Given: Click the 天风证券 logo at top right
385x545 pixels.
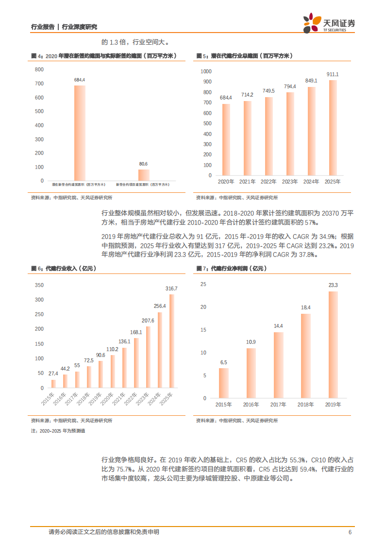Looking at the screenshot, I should tap(329, 23).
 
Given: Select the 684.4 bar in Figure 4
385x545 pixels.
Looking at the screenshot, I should tap(80, 133).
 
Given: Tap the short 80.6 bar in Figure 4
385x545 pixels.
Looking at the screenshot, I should tap(144, 174).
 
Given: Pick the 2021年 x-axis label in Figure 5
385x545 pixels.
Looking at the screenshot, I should tap(248, 182).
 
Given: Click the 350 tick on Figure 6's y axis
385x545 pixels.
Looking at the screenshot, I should tap(39, 285).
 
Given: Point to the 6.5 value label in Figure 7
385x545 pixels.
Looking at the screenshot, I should tap(223, 362).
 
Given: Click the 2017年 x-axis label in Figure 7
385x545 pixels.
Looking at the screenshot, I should tap(278, 404).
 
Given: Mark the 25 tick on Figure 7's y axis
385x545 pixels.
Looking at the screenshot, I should tap(203, 284).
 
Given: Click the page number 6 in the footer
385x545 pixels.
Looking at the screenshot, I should tap(350, 532).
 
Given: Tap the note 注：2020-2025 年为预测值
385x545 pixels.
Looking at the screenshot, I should tap(58, 431).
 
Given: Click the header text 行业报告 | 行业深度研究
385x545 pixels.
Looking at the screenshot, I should tap(64, 27).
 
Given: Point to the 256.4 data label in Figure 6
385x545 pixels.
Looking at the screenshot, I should tap(160, 306).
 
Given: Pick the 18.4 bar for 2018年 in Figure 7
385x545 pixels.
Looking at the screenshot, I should tap(306, 356).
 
